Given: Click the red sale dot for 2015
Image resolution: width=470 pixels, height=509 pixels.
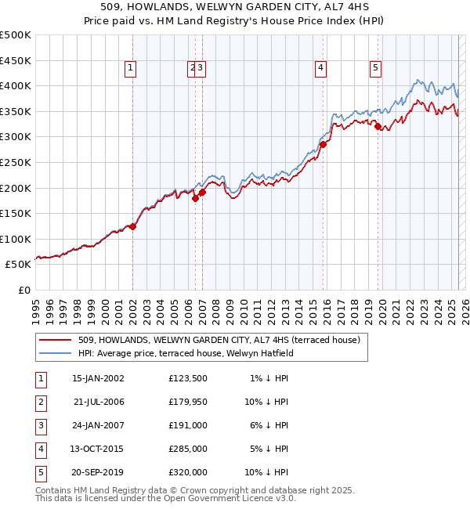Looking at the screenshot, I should pos(323,144).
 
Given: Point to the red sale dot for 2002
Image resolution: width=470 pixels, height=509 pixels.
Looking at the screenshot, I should pos(133,227).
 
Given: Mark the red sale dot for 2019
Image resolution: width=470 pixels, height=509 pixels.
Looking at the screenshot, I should pos(378,126).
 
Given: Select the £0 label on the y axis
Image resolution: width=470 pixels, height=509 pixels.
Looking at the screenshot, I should pos(23,290).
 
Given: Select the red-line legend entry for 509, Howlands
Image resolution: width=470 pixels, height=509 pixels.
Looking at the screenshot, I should pos(219,340).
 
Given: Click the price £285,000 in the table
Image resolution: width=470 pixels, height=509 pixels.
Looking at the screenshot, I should pos(188,449).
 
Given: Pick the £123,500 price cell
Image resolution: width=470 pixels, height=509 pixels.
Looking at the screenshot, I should pos(188,378).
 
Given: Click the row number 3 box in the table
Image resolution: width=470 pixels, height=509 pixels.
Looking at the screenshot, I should pos(40,425).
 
